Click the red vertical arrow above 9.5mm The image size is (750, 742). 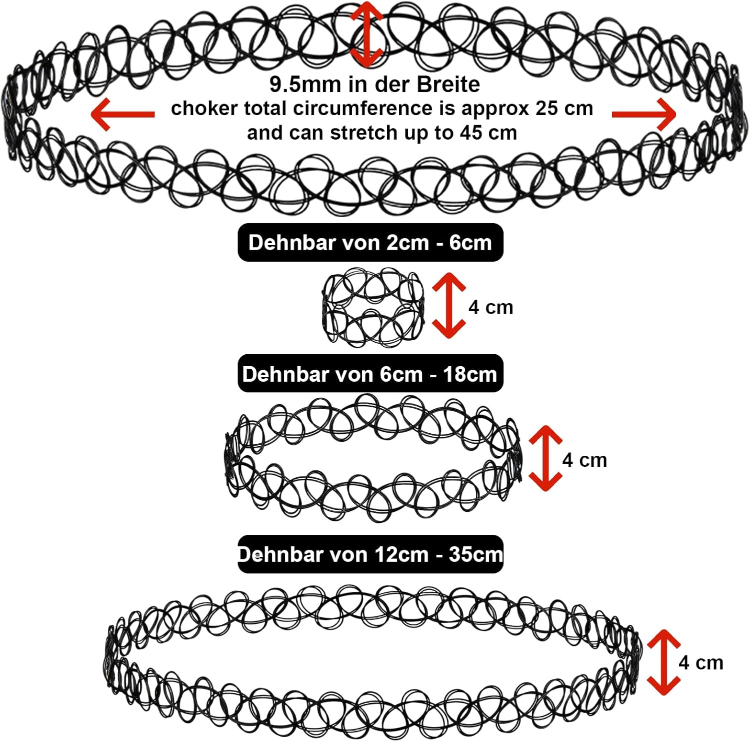coord(366,34)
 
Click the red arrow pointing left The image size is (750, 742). coord(122,114)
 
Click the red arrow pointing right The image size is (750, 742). coord(644,114)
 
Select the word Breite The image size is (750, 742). coord(448,85)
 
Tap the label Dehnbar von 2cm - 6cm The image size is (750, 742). coord(370,243)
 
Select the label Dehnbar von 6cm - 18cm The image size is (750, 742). coord(370,374)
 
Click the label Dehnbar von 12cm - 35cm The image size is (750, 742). coord(370,554)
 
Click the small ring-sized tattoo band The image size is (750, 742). coord(372,307)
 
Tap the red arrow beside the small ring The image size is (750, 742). coord(448,305)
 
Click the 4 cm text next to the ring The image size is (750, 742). coord(490,307)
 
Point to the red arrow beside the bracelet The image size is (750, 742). coord(545,458)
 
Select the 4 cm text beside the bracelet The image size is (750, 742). coord(584,460)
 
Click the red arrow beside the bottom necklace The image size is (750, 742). coord(663,662)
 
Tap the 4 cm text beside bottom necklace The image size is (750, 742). coord(700,663)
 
